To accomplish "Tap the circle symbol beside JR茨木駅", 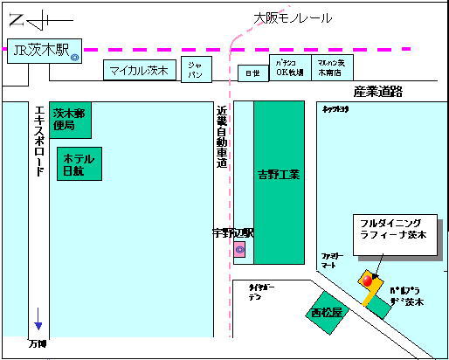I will tap(75, 58).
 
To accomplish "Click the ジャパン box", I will tap(196, 71).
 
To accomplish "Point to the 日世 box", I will tap(252, 73).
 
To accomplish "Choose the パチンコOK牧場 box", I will tap(288, 69).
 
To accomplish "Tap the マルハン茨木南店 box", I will tap(331, 68).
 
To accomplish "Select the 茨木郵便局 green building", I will tap(69, 120).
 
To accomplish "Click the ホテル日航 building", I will tap(79, 163).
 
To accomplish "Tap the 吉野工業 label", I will tap(280, 174).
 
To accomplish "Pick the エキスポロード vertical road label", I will tap(38, 142).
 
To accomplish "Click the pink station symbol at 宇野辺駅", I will tap(239, 251).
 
